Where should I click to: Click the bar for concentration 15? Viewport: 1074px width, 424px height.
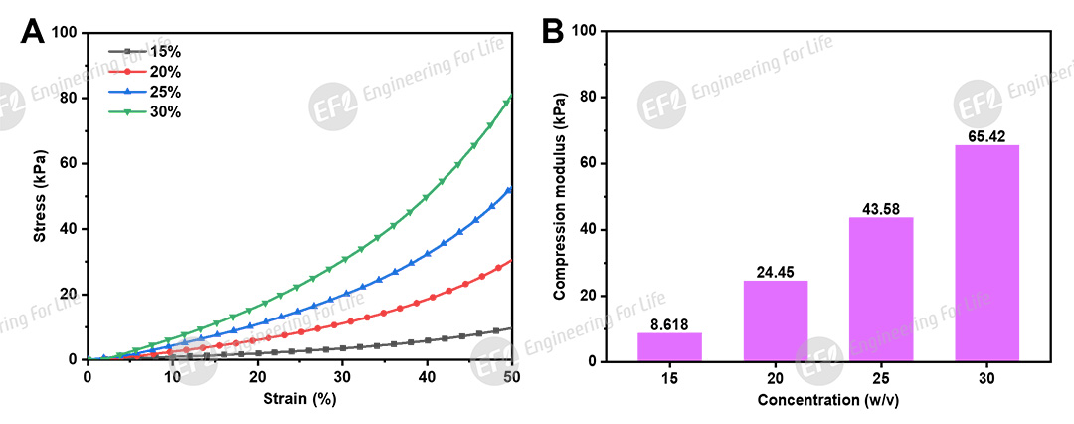pyautogui.click(x=669, y=346)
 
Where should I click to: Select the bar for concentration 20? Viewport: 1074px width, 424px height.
pyautogui.click(x=776, y=320)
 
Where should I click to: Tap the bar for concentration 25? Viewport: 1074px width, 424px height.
pyautogui.click(x=881, y=289)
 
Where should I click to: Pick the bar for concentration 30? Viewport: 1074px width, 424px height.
pyautogui.click(x=986, y=253)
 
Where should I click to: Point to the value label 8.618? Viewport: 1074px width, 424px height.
pyautogui.click(x=669, y=323)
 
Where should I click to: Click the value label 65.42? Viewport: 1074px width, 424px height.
pyautogui.click(x=986, y=135)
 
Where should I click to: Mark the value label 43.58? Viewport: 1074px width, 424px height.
pyautogui.click(x=881, y=207)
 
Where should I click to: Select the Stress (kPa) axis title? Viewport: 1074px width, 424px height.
pyautogui.click(x=41, y=195)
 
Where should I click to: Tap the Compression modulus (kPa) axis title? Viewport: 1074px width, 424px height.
pyautogui.click(x=560, y=195)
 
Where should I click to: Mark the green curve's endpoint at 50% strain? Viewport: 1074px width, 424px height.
pyautogui.click(x=511, y=98)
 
